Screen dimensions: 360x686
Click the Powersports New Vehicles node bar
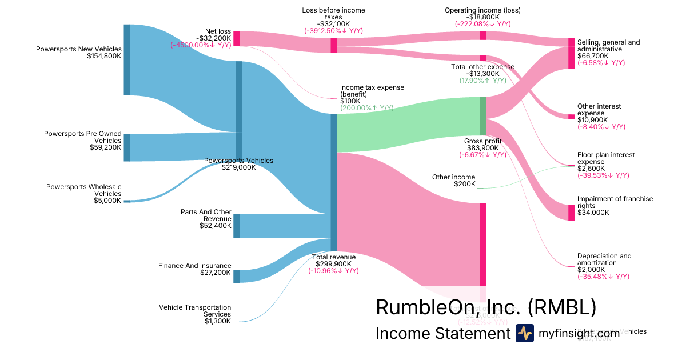click(127, 60)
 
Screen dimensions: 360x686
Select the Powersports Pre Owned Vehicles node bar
click(127, 148)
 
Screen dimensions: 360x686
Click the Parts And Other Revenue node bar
click(237, 226)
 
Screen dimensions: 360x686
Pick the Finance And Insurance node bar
click(237, 276)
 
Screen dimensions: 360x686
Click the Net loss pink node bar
click(236, 38)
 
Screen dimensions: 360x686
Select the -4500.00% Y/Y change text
click(201, 45)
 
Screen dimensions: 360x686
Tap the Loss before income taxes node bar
click(334, 46)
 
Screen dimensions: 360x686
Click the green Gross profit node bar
click(482, 116)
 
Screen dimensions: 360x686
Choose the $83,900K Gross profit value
click(482, 148)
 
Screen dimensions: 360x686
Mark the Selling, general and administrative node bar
click(571, 54)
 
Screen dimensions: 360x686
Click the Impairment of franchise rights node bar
click(571, 213)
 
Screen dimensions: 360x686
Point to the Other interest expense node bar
click(571, 117)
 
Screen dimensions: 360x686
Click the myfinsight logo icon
click(525, 333)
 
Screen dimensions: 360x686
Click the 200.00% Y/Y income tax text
click(366, 108)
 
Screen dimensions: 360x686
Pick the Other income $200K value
click(464, 184)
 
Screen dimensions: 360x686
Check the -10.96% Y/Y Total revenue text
click(333, 271)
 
